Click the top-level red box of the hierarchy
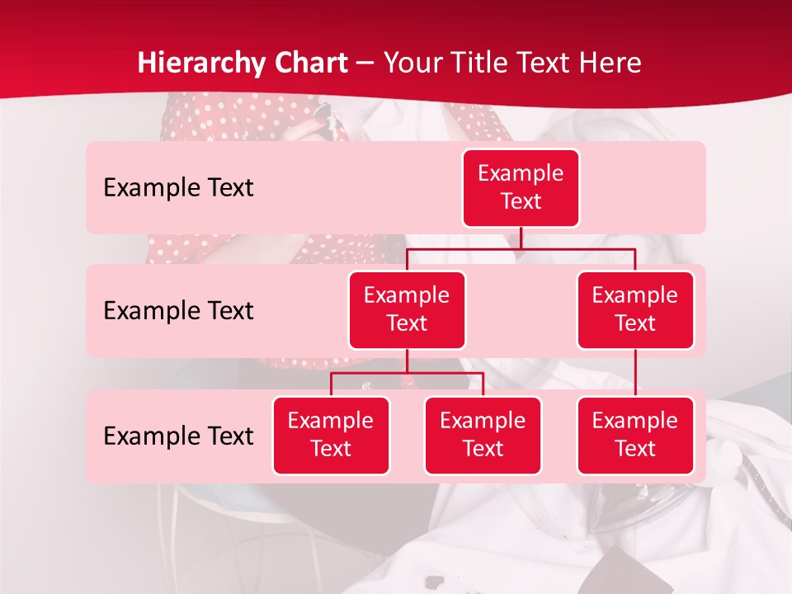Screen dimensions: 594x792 [x=521, y=187]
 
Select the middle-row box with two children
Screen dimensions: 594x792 [x=407, y=309]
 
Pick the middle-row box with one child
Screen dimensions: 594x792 [x=634, y=309]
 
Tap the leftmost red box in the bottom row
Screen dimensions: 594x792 [x=331, y=435]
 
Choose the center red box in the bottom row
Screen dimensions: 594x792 [x=483, y=435]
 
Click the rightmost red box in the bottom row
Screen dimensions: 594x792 [x=634, y=435]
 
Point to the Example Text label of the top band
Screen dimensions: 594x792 [x=178, y=187]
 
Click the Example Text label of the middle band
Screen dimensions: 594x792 [x=178, y=310]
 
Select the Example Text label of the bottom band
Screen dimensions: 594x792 [x=178, y=436]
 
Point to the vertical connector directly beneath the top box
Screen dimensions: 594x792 [x=521, y=237]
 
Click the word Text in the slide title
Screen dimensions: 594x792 [x=548, y=63]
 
